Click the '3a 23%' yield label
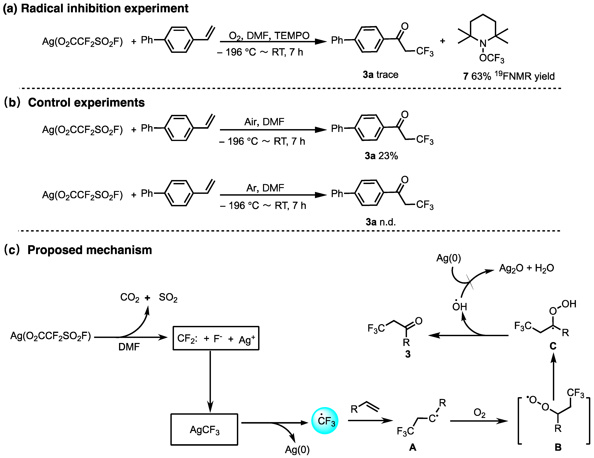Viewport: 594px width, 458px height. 381,156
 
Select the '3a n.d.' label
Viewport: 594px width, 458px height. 381,222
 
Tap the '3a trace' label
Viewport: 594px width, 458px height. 381,75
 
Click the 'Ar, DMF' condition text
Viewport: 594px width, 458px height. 265,188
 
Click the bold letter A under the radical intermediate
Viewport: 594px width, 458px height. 413,447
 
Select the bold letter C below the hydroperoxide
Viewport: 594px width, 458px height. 553,346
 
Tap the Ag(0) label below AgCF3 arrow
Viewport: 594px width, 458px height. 297,450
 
